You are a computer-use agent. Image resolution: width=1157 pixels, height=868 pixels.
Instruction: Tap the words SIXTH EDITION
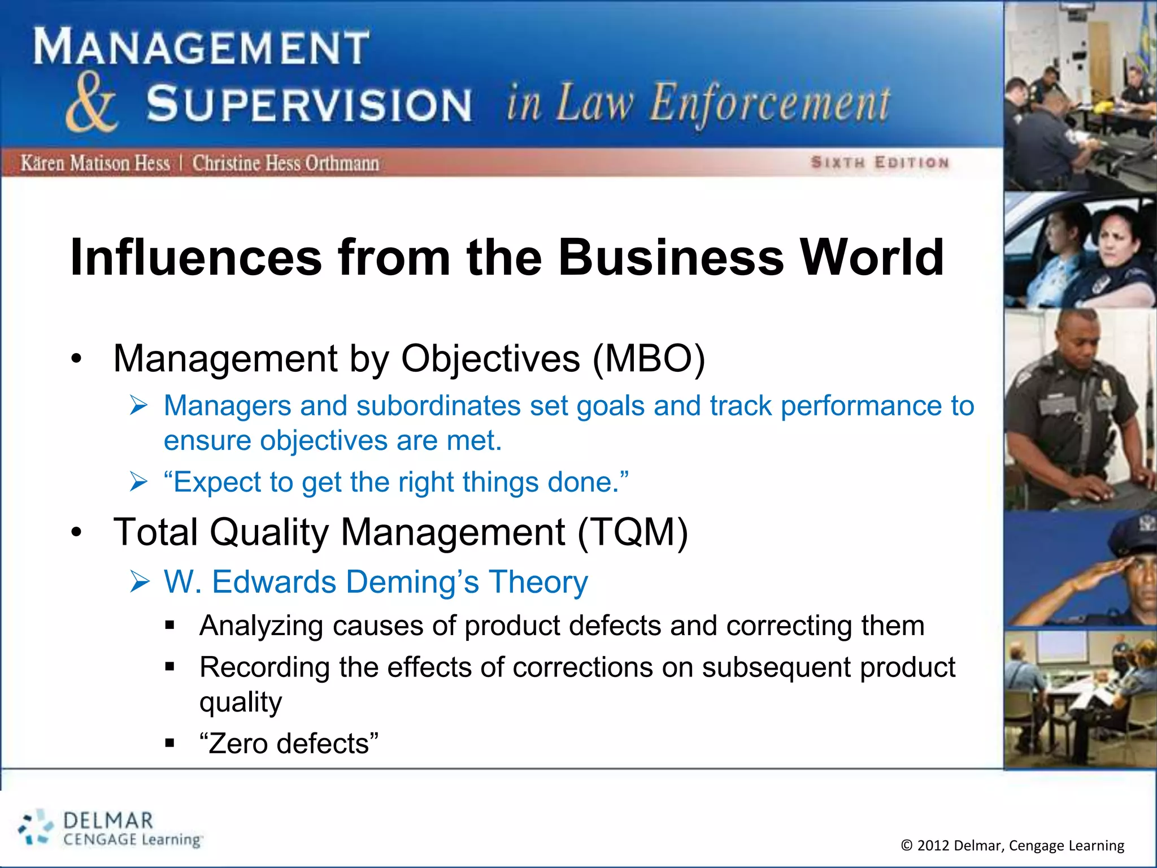point(880,163)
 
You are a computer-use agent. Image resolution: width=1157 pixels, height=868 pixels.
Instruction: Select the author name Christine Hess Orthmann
point(285,163)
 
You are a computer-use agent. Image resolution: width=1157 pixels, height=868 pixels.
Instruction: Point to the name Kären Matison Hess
point(95,163)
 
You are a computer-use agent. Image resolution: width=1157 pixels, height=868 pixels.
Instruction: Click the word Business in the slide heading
point(671,258)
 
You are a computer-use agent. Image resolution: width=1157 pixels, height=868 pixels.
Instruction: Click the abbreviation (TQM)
point(632,532)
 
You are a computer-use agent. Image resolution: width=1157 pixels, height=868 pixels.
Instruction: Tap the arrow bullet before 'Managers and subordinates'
point(138,406)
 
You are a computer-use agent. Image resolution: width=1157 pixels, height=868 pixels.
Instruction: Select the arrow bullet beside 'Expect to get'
point(138,482)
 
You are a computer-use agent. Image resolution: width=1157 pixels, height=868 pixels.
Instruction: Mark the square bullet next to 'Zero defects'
point(170,743)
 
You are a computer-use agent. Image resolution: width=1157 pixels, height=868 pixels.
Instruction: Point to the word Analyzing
point(261,626)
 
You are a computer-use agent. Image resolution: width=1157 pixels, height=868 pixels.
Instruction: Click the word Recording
point(264,667)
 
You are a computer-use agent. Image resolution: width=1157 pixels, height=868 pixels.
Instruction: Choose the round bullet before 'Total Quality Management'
point(77,532)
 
